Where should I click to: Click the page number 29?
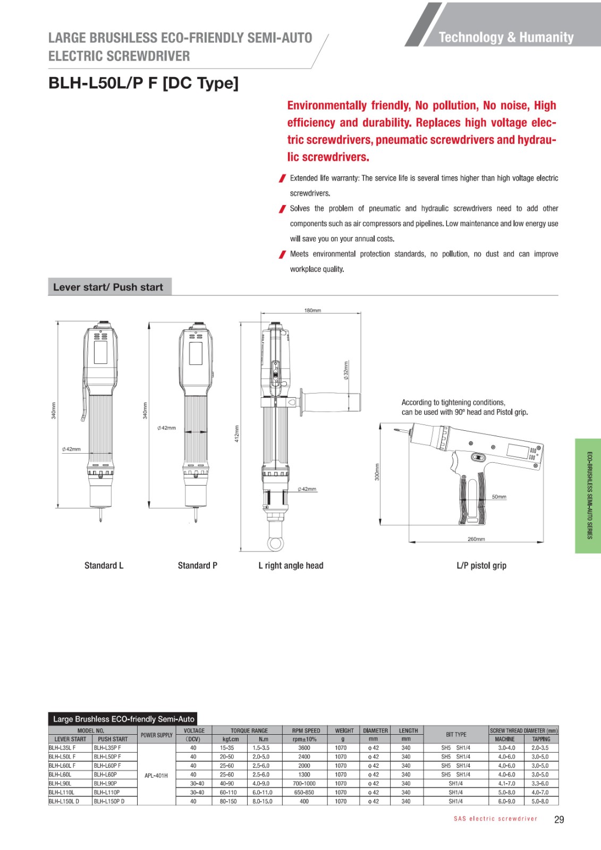coord(559,820)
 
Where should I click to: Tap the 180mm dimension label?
coord(312,310)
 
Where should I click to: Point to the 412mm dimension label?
coord(237,433)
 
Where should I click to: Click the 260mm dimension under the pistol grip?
coord(476,539)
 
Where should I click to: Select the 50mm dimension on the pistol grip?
coord(499,497)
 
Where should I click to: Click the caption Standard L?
coord(104,565)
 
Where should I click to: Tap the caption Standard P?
coord(197,565)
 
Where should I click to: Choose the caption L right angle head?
coord(291,565)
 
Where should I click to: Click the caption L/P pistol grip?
coord(481,565)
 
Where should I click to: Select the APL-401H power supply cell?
coord(156,776)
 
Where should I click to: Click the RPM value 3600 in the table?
coord(304,748)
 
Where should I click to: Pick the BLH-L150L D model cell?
coord(64,801)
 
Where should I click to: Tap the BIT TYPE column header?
coord(456,735)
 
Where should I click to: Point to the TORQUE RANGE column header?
coord(249,730)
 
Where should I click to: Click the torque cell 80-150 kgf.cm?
coord(228,801)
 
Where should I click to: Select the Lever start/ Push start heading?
coord(108,287)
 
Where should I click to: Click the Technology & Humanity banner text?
coord(506,37)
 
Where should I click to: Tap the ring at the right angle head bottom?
coord(275,543)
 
